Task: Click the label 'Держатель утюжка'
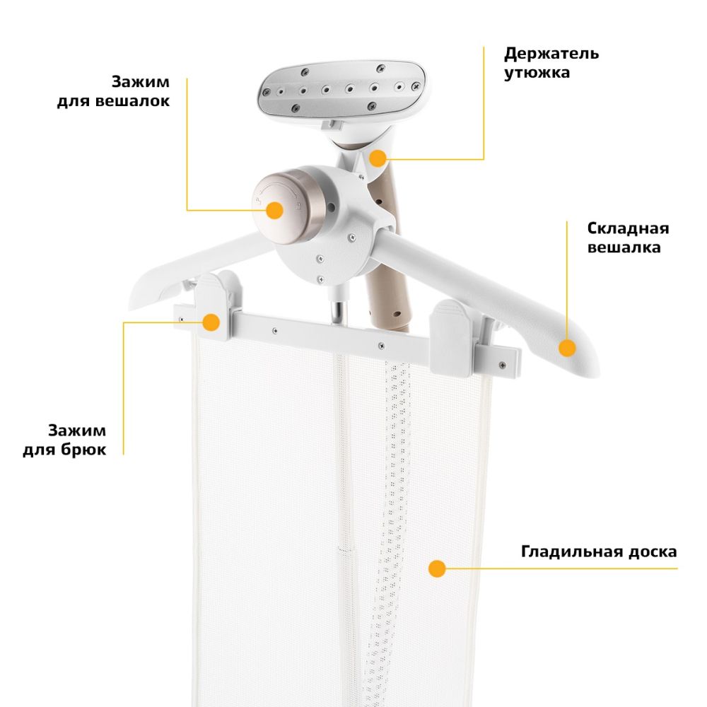[x=551, y=63]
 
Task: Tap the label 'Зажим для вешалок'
[x=113, y=91]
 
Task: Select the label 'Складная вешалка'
[x=628, y=238]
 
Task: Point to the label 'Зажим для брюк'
[x=64, y=440]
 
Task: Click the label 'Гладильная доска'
[x=599, y=551]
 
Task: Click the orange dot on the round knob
[x=274, y=210]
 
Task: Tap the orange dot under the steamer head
[x=378, y=158]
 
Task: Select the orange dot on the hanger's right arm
[x=567, y=348]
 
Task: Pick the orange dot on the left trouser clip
[x=211, y=322]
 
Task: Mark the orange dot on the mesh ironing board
[x=437, y=568]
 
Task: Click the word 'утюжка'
[x=537, y=73]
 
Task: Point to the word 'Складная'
[x=628, y=228]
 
